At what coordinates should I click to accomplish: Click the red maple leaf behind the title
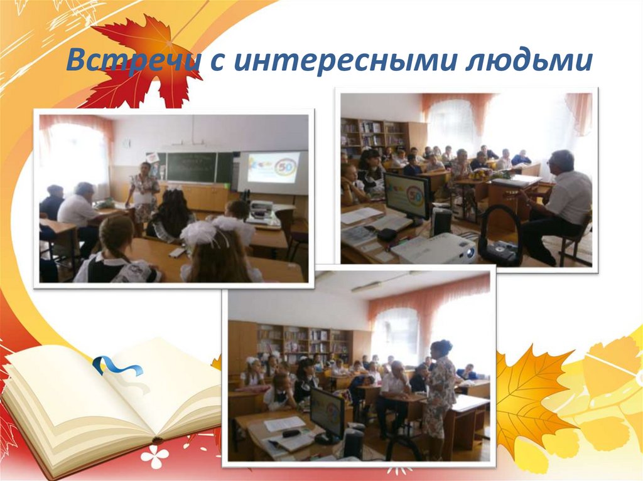[x=144, y=60]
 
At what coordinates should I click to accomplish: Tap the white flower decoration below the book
[x=154, y=456]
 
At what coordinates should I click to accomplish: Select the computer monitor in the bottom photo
[x=327, y=413]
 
